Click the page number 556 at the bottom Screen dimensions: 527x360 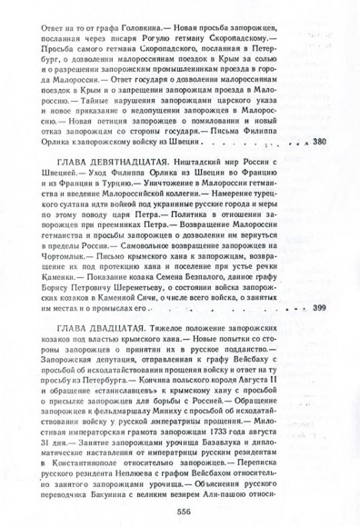tap(180, 512)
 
